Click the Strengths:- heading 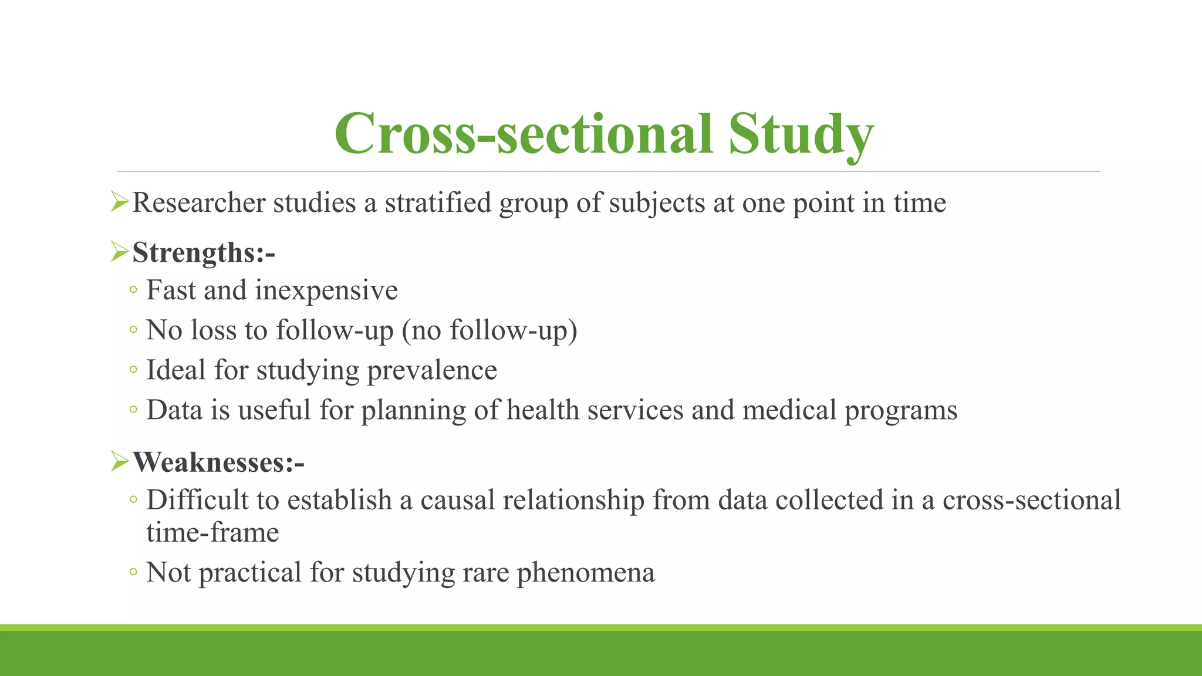coord(204,253)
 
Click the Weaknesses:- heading coord(218,462)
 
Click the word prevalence coord(432,370)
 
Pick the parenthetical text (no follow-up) coord(489,330)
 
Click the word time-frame coord(212,533)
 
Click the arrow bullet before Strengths coord(119,252)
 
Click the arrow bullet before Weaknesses coord(119,462)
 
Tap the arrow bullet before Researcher coord(119,203)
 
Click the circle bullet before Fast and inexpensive coord(133,290)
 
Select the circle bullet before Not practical coord(133,572)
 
